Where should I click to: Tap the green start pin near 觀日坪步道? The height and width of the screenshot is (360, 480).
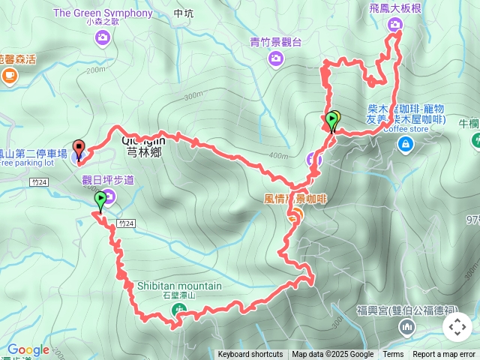100,200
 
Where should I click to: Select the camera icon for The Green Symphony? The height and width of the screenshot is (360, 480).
103,36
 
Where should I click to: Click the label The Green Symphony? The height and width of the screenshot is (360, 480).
103,13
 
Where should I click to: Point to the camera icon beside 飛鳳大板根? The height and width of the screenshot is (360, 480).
395,25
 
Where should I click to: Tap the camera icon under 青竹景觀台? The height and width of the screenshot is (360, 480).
276,58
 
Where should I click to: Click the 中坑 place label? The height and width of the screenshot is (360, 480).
183,13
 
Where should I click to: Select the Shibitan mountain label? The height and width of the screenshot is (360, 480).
179,286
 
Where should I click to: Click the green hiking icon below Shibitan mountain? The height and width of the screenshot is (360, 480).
178,310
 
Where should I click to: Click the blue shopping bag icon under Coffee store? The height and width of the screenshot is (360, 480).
405,143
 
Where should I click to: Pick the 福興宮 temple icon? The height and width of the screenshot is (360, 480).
407,326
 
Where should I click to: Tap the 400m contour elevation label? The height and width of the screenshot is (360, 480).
279,156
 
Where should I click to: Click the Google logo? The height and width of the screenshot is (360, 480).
28,349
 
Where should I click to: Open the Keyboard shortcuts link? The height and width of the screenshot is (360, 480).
250,355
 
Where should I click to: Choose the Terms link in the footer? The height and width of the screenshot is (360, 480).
393,355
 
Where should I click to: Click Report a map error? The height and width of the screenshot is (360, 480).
445,355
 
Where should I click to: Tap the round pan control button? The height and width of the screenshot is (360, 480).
457,327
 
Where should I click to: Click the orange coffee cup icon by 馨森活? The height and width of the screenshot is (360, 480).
10,75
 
